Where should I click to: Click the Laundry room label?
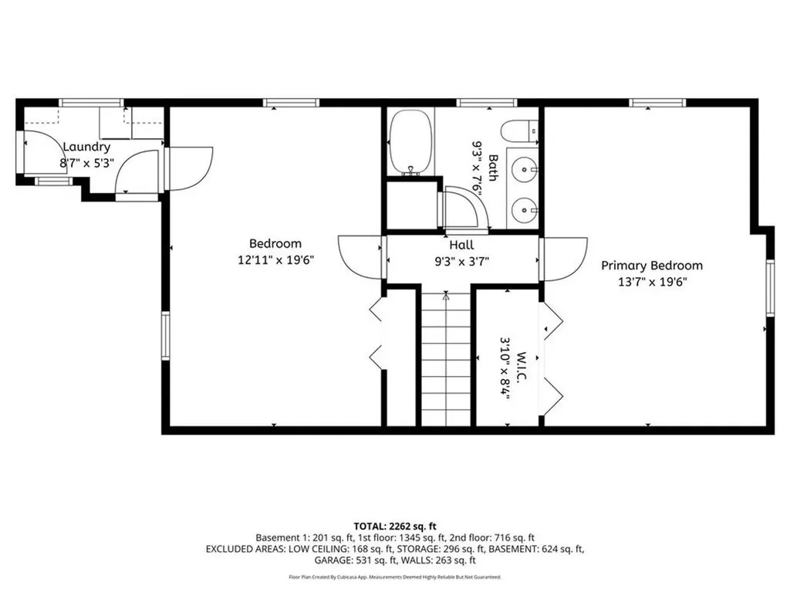pyautogui.click(x=86, y=147)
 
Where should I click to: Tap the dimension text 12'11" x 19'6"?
pyautogui.click(x=275, y=260)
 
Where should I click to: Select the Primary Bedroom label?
pyautogui.click(x=652, y=266)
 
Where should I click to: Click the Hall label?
pyautogui.click(x=461, y=245)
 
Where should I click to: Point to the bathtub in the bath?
pyautogui.click(x=410, y=142)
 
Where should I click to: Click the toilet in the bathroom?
pyautogui.click(x=519, y=131)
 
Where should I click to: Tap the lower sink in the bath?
pyautogui.click(x=525, y=208)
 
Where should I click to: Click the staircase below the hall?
pyautogui.click(x=446, y=359)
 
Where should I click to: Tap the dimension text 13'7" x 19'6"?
pyautogui.click(x=652, y=282)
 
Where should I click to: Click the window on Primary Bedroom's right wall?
pyautogui.click(x=769, y=287)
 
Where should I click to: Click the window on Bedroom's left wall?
pyautogui.click(x=165, y=335)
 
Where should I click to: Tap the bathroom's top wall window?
pyautogui.click(x=486, y=102)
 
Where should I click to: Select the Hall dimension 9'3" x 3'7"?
pyautogui.click(x=461, y=261)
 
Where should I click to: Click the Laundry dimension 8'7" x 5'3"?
pyautogui.click(x=86, y=163)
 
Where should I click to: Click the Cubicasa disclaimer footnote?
pyautogui.click(x=395, y=577)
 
